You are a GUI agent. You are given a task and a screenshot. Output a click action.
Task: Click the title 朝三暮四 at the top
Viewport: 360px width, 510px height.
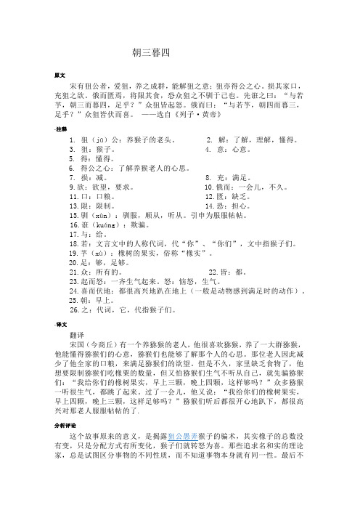tap(151, 52)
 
